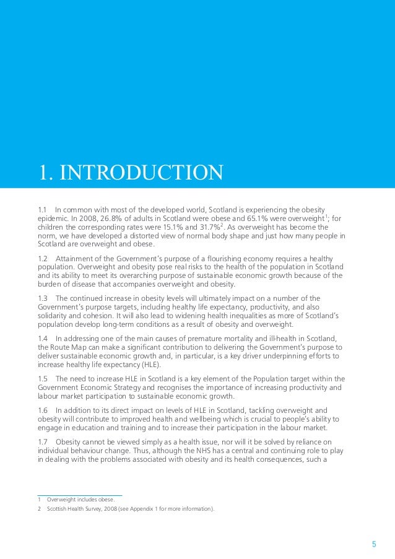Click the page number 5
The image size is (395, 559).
(373, 545)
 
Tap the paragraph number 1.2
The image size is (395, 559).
(43, 258)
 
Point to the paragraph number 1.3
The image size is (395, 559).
(43, 298)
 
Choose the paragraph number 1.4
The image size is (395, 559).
(43, 338)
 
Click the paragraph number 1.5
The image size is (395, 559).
(43, 378)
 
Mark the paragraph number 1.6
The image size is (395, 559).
(43, 410)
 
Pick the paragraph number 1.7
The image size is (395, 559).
(43, 441)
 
